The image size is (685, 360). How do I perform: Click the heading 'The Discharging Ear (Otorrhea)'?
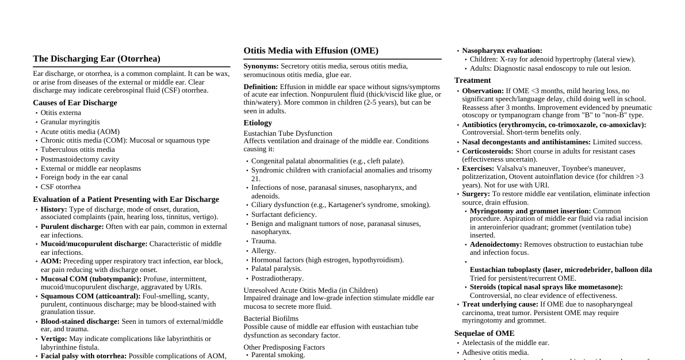point(97,59)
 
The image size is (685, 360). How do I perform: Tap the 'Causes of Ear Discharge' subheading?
point(75,103)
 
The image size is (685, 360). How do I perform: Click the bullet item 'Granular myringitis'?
point(70,122)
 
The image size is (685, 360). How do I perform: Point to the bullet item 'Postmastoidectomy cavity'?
point(80,159)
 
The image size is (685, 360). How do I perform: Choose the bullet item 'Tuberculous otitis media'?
point(78,150)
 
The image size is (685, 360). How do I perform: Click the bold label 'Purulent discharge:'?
point(72,227)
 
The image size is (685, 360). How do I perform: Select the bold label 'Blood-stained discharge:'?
point(80,321)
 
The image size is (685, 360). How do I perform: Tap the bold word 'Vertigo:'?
point(54,339)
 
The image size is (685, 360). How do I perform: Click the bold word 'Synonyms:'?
point(261,66)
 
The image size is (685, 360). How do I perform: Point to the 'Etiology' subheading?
point(258,123)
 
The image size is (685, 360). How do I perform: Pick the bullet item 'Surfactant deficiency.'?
point(284,215)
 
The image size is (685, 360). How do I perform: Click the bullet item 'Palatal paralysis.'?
point(277,269)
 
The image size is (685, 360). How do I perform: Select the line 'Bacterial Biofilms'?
point(271,319)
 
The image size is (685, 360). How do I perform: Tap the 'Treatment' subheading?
point(473,81)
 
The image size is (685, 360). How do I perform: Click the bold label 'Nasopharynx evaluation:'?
point(502,51)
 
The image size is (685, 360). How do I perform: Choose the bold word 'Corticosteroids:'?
point(488,151)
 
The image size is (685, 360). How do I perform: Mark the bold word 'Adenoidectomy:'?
point(496,244)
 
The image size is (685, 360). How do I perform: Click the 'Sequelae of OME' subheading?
point(484,334)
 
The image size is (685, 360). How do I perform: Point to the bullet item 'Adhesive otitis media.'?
point(495,353)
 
